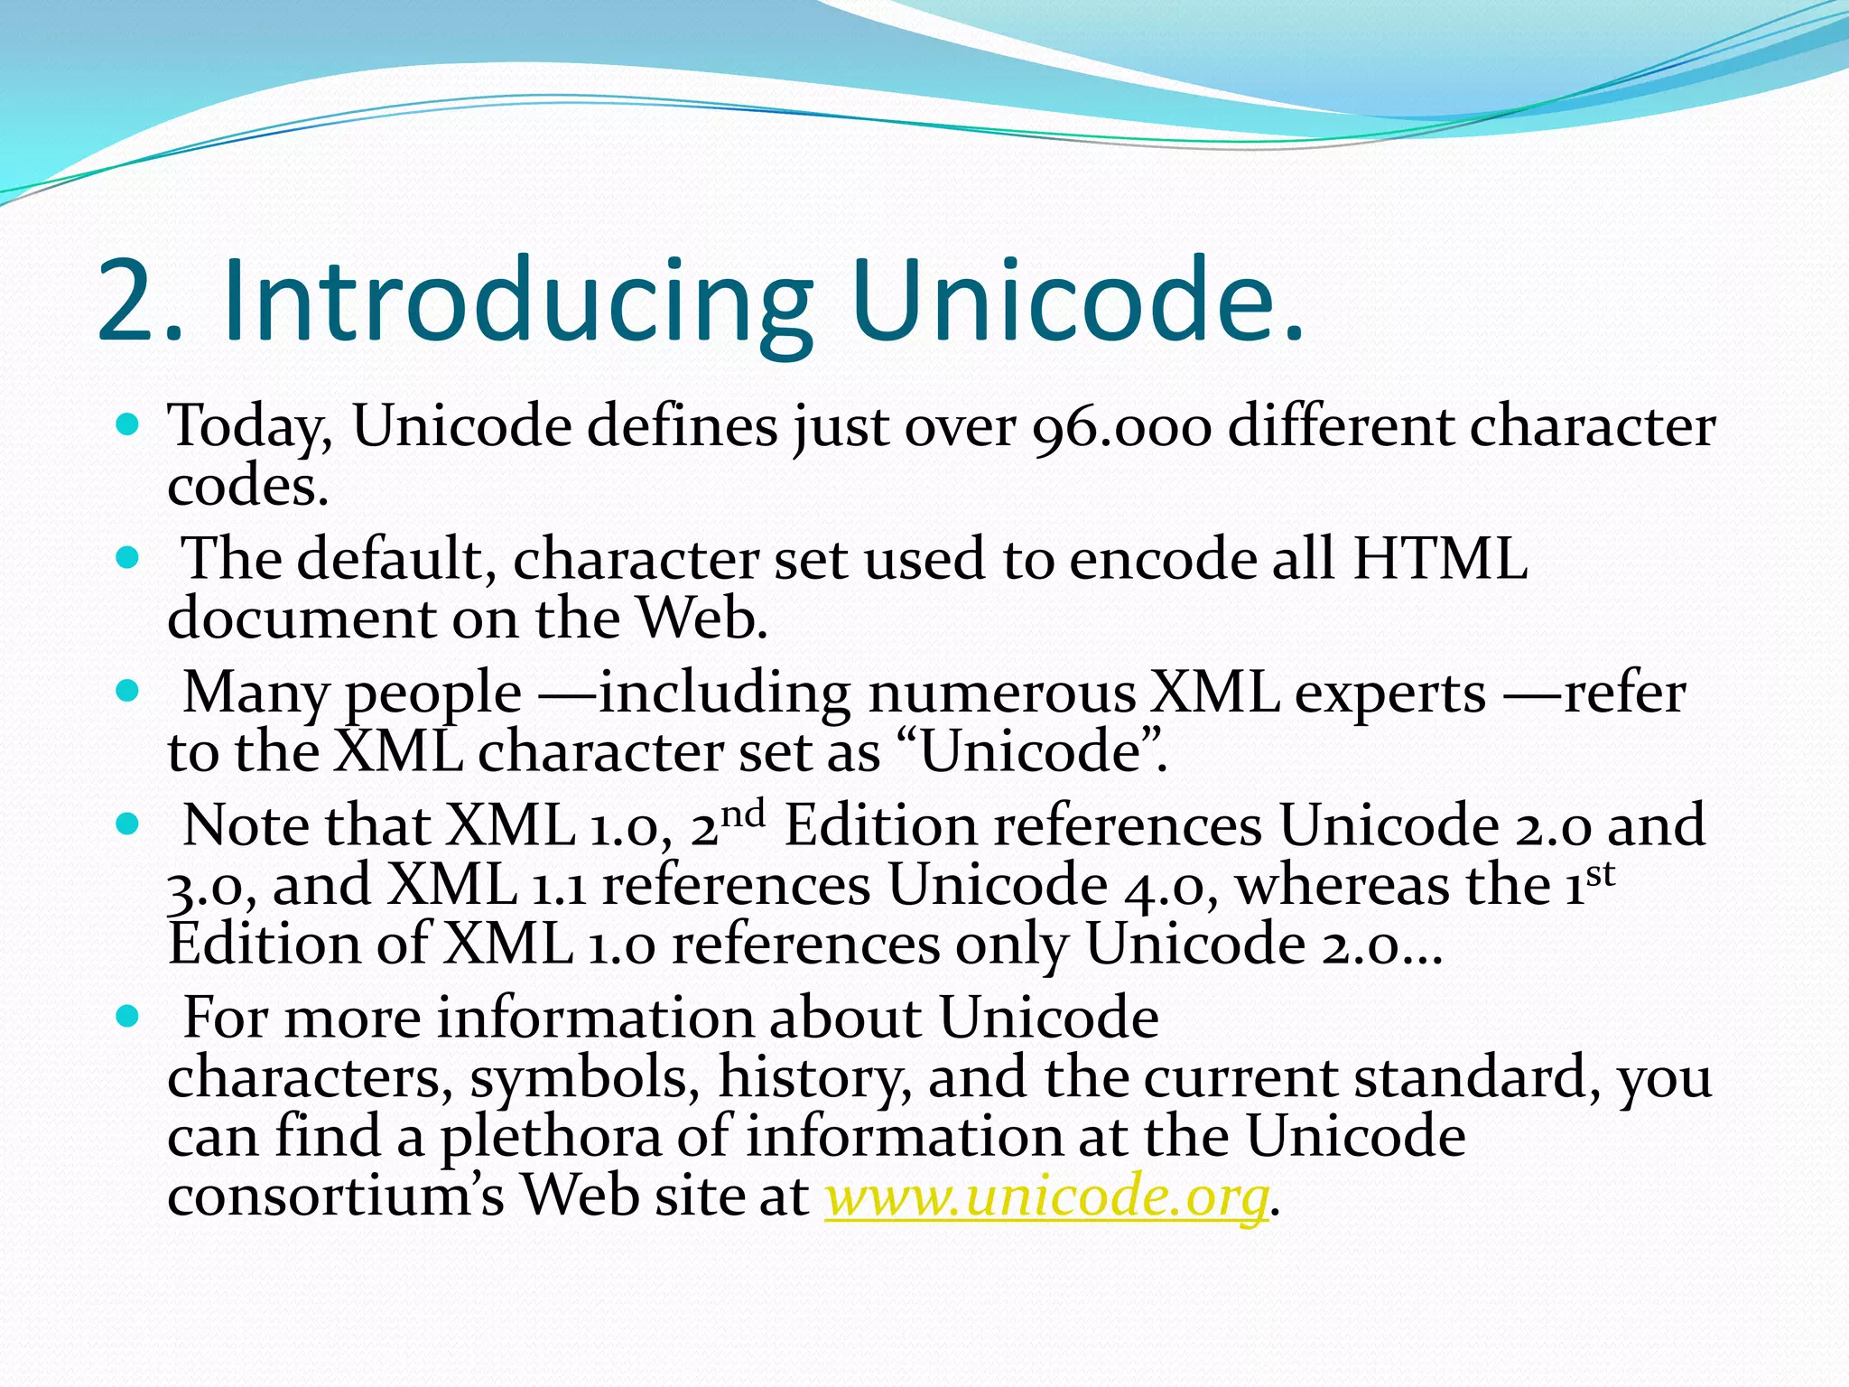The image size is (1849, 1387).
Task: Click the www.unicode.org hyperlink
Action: (1047, 1196)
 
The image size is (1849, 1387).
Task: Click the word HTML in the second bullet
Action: (1439, 558)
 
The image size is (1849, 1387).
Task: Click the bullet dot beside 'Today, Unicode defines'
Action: (128, 424)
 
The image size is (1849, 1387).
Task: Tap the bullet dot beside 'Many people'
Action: (128, 691)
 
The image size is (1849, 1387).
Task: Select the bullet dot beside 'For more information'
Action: (128, 1016)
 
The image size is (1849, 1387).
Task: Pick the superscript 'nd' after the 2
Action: (743, 815)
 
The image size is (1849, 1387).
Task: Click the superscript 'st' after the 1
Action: (1600, 874)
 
